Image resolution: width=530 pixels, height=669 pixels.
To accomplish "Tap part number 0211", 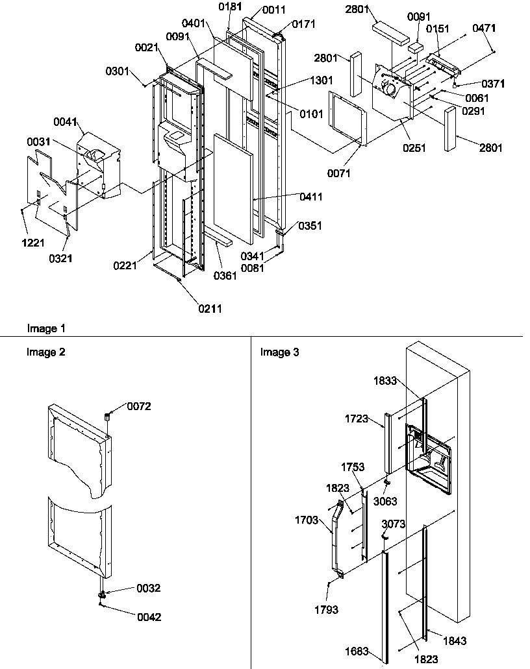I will click(x=211, y=309).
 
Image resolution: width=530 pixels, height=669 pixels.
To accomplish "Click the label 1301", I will click(x=322, y=80).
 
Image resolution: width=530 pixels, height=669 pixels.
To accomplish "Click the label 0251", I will click(x=414, y=148).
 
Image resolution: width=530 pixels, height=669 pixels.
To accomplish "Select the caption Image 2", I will click(x=46, y=352).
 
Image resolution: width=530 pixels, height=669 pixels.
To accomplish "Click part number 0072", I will click(x=139, y=407).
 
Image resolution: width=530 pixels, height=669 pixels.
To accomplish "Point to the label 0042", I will click(x=149, y=617).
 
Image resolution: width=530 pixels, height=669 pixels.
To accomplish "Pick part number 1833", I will click(x=385, y=382).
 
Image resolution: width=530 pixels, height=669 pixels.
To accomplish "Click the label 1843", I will click(x=455, y=640).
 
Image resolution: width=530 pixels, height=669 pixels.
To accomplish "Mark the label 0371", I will click(x=493, y=84).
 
